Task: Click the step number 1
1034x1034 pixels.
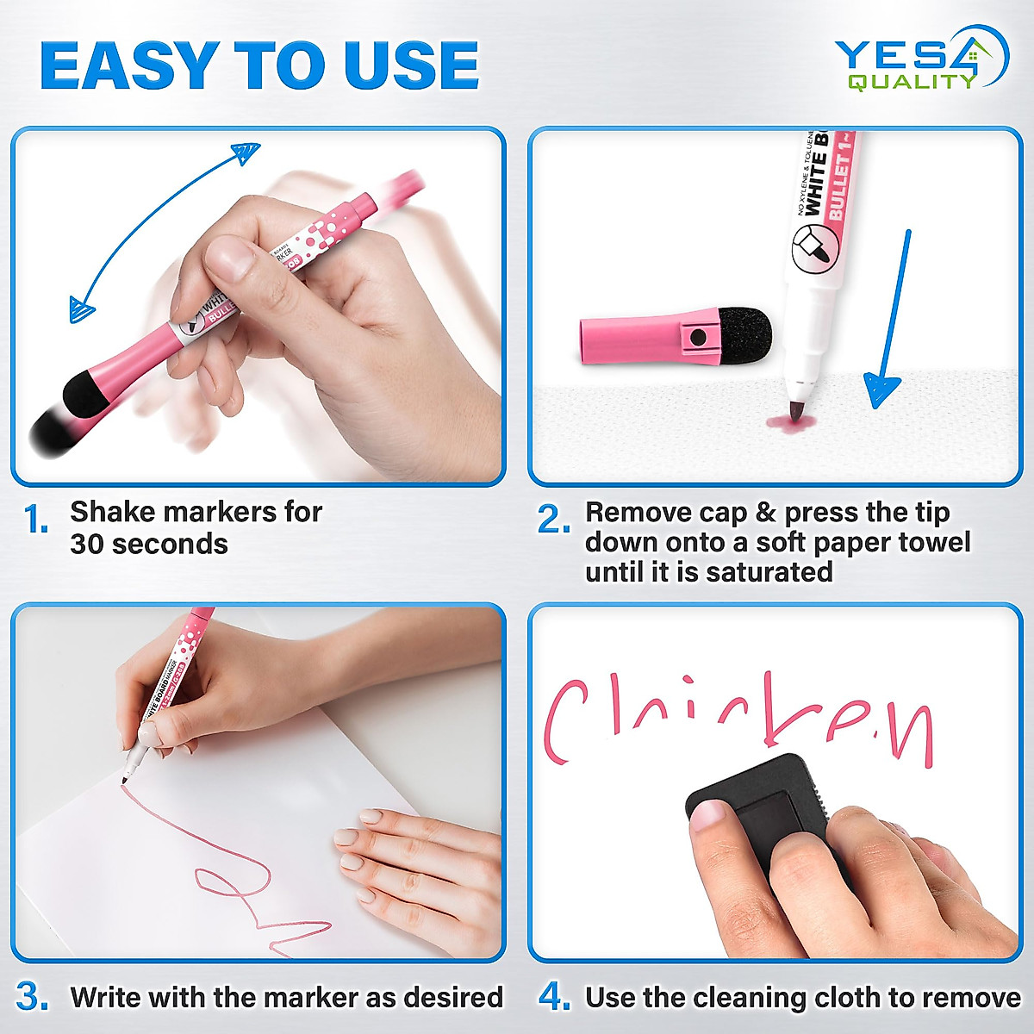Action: coord(36,520)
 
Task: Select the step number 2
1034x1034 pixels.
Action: coord(553,520)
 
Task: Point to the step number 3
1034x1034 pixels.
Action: coord(33,997)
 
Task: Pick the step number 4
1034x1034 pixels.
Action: coord(554,997)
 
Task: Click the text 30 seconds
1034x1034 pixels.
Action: coord(149,545)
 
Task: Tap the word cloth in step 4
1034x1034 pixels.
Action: coord(849,997)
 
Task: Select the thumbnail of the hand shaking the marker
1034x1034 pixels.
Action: coord(258,306)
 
